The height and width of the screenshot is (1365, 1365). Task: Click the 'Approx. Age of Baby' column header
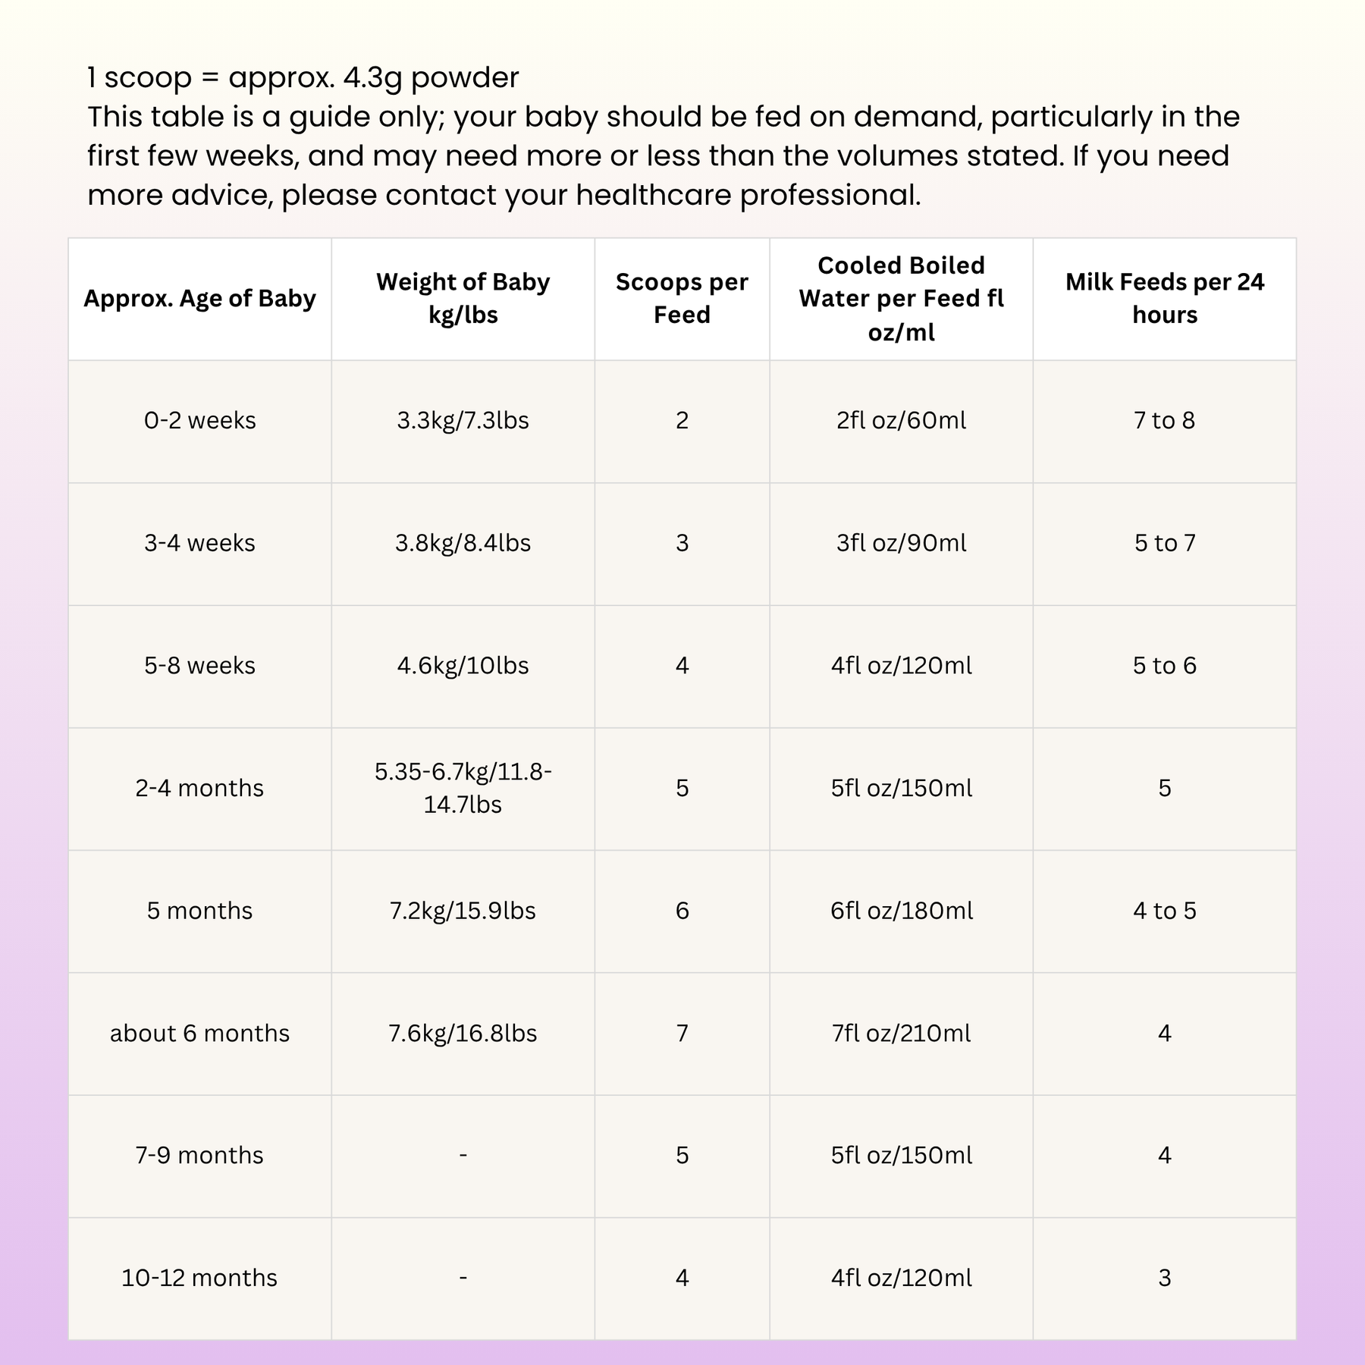point(199,299)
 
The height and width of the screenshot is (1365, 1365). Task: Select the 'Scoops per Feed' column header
point(682,299)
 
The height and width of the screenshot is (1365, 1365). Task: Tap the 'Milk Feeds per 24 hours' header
point(1164,299)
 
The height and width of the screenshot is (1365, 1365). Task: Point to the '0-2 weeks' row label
point(199,421)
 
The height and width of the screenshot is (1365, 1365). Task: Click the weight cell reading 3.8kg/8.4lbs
point(463,544)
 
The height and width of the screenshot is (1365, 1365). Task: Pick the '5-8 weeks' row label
point(199,666)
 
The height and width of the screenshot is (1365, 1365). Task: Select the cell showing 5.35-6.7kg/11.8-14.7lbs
point(463,789)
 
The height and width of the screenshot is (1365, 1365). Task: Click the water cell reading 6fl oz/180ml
point(901,911)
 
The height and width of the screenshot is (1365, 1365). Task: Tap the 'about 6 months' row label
point(199,1034)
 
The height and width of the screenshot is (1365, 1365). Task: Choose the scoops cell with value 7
point(682,1034)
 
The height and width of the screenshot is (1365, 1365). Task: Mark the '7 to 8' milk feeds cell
point(1164,421)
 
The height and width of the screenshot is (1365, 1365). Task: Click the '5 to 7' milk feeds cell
point(1164,544)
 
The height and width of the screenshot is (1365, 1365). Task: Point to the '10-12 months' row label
point(199,1278)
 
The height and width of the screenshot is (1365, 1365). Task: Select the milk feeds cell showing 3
point(1164,1278)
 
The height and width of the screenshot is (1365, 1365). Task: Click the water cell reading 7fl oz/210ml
point(901,1034)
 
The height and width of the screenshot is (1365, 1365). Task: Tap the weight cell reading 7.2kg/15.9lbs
point(463,911)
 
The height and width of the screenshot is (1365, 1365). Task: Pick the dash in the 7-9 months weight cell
point(463,1156)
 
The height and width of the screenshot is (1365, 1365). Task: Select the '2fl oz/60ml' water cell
point(901,421)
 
